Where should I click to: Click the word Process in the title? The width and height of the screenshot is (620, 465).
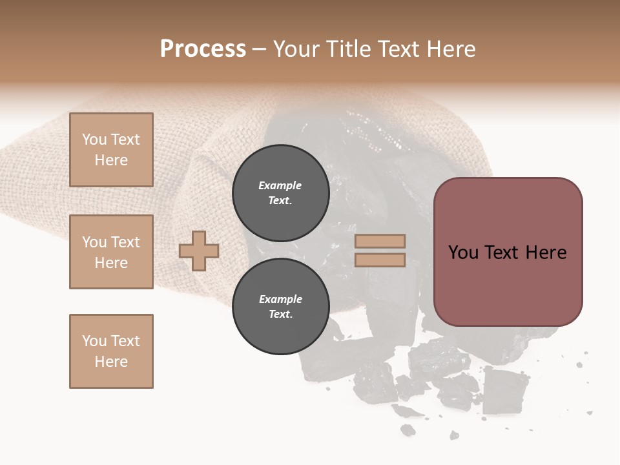(203, 49)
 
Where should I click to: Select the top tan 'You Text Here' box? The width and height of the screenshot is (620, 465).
(111, 150)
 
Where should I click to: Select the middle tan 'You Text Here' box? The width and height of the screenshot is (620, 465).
(111, 252)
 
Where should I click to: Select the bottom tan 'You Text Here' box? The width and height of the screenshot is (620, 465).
(111, 351)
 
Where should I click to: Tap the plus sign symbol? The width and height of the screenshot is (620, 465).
(199, 251)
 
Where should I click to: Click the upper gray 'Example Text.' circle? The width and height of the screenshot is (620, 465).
(280, 193)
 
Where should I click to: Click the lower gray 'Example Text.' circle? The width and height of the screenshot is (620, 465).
(280, 307)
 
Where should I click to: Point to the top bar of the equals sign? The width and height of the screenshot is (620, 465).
(380, 242)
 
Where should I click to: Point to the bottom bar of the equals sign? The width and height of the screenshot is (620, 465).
(380, 260)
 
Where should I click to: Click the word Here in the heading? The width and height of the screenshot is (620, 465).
(450, 49)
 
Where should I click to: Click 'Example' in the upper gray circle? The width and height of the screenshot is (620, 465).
(280, 186)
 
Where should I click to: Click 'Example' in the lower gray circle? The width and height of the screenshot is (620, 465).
(280, 300)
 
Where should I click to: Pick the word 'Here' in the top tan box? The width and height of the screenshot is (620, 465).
(111, 160)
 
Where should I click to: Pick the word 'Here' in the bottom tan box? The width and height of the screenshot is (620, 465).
(111, 362)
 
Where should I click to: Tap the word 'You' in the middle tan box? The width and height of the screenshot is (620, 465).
(94, 242)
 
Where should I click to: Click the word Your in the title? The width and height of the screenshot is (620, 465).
(298, 49)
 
